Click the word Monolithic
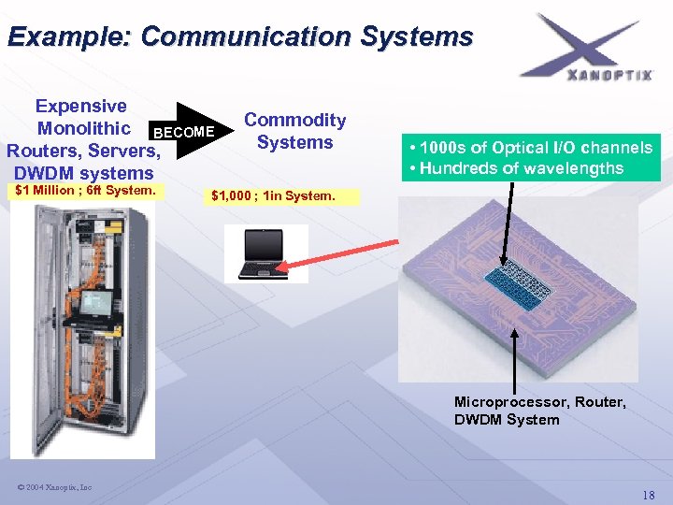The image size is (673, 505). [x=83, y=128]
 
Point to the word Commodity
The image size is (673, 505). [x=294, y=120]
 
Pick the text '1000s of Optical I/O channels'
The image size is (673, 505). [x=536, y=148]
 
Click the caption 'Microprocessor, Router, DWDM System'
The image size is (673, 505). [x=539, y=411]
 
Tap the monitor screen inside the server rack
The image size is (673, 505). [x=96, y=303]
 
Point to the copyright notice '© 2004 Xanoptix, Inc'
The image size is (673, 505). [x=54, y=487]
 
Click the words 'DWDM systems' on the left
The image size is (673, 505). [x=83, y=173]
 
